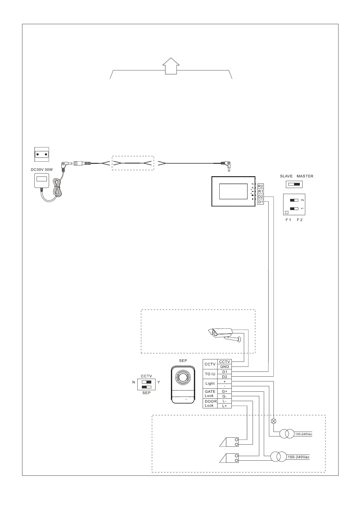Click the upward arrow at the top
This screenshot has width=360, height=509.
pos(171,66)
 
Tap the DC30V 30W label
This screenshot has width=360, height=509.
pos(42,170)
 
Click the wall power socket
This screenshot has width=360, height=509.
pos(42,154)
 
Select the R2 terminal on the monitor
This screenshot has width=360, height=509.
pos(260,186)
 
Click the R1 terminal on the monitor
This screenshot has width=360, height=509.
pos(260,191)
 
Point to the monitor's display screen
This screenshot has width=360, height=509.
pos(233,191)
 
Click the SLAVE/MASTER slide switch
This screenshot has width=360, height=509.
pos(294,184)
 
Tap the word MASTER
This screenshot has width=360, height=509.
pos(305,176)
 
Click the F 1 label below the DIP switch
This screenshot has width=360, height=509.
pos(288,220)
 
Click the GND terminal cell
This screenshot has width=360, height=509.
pos(224,367)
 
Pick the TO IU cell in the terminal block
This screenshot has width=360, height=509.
pos(210,374)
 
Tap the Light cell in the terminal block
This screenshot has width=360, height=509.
pos(210,384)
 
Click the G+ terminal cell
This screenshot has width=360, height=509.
pos(224,391)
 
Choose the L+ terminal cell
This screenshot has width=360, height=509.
pos(224,406)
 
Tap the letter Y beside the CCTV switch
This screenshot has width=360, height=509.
pos(159,382)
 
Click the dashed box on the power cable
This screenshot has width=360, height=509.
pos(133,163)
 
